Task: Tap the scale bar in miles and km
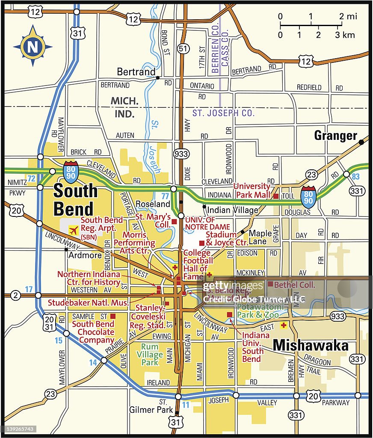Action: (x=317, y=26)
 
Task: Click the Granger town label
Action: (x=335, y=136)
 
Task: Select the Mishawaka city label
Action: (x=311, y=345)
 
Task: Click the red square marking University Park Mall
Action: (x=276, y=196)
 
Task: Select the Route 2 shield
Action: (x=15, y=295)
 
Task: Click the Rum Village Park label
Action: (x=150, y=355)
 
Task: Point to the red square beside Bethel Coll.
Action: (x=270, y=284)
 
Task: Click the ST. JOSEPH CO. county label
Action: (x=223, y=113)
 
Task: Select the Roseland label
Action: (x=153, y=204)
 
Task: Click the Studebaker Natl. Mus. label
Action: (x=88, y=303)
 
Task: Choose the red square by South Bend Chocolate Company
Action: (x=113, y=316)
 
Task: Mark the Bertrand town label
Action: (x=136, y=72)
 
